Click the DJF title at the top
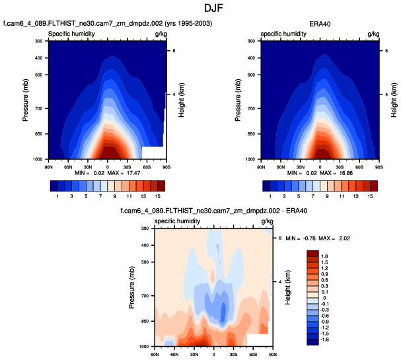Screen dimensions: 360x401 (200, 9)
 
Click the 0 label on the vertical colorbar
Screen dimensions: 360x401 (323, 297)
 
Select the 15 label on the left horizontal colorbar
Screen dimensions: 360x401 (159, 196)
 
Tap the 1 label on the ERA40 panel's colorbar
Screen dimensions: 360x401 (270, 196)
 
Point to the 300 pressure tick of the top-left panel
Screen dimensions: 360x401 (38, 41)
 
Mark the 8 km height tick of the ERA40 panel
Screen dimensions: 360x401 (387, 50)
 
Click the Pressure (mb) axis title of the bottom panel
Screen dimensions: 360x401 (132, 287)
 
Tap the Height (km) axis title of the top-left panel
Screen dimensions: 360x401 (181, 100)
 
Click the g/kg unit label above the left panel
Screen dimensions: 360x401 (161, 33)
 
